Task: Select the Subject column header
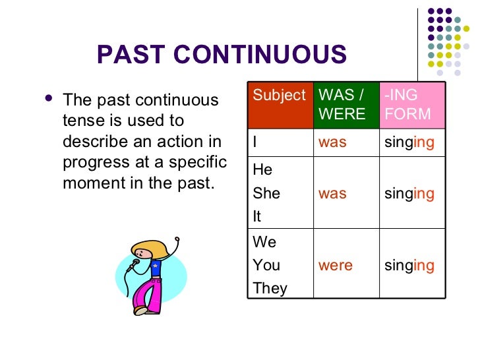point(280,96)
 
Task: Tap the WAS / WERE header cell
point(343,104)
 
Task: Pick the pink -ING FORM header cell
point(411,104)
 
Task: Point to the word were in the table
point(336,266)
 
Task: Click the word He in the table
point(262,170)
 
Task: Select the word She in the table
point(266,193)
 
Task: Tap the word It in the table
point(257,216)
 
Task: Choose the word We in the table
point(264,242)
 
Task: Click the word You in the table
point(266,266)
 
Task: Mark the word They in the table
point(270,289)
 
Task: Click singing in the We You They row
point(409,266)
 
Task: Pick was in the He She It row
point(332,193)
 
